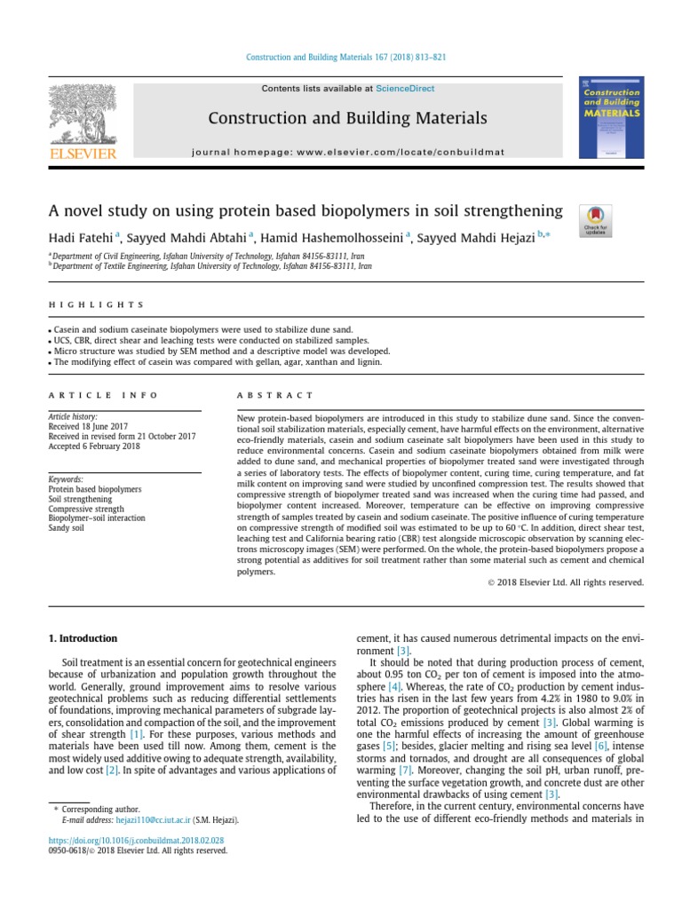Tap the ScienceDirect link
(x=401, y=89)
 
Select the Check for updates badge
(x=594, y=219)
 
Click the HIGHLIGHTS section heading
(x=96, y=304)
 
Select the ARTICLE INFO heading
(x=103, y=395)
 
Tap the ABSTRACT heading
(x=276, y=395)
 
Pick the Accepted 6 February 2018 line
(x=94, y=447)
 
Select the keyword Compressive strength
(x=87, y=509)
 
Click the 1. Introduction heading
(x=81, y=638)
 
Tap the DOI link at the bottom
(x=135, y=840)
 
